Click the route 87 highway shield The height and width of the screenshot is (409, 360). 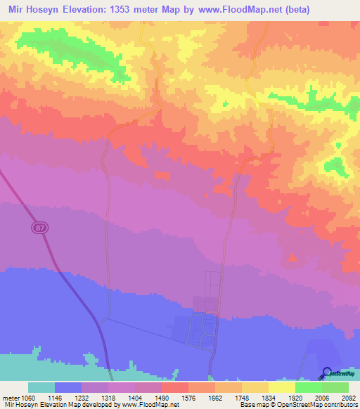[38, 228]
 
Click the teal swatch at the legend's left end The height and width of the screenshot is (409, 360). [41, 387]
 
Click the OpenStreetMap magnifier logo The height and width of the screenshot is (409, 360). [327, 372]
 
